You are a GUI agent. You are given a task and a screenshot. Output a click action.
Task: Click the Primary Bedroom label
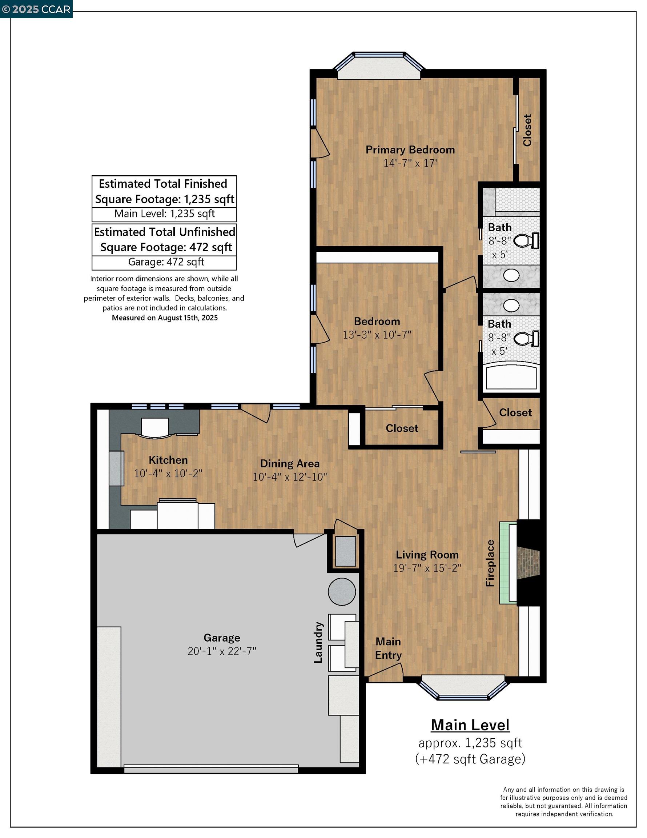coord(410,149)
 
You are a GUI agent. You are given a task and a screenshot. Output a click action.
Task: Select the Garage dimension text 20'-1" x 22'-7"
coord(222,651)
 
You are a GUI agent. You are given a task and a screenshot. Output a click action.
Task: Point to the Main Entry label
coord(388,648)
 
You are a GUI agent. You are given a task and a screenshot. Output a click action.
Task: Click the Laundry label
coord(318,642)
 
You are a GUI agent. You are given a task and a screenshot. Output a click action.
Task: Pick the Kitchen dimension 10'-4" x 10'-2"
coord(168,474)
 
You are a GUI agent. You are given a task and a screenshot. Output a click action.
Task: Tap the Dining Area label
coord(290,463)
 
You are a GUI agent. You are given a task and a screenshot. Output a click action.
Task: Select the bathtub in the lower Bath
coord(511,378)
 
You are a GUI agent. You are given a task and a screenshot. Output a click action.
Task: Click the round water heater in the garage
coord(342,591)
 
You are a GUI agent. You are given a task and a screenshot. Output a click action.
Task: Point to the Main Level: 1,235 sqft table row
coord(164,214)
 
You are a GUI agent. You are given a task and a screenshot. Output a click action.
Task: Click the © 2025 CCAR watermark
coord(36,9)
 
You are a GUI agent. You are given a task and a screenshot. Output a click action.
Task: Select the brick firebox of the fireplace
coord(528,563)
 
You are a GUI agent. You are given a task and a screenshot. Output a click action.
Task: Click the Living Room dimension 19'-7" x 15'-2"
coord(427,568)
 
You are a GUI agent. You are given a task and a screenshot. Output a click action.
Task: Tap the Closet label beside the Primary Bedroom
coord(527,130)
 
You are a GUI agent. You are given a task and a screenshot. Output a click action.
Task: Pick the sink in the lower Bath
coord(511,306)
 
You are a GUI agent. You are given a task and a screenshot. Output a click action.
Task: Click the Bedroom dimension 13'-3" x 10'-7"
coord(377,335)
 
